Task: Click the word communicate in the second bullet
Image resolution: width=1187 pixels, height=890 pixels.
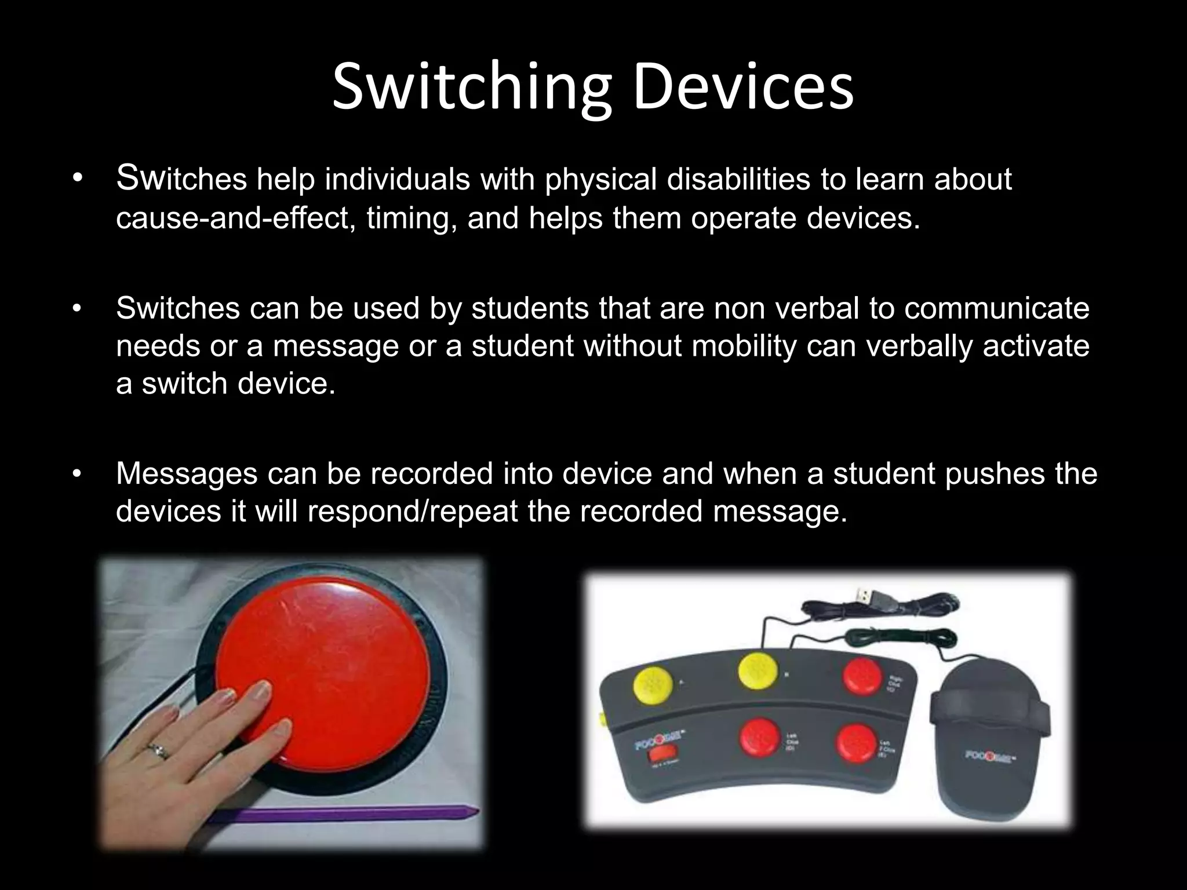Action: pos(996,308)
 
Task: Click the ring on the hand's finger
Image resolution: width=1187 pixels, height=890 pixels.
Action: pos(158,752)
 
